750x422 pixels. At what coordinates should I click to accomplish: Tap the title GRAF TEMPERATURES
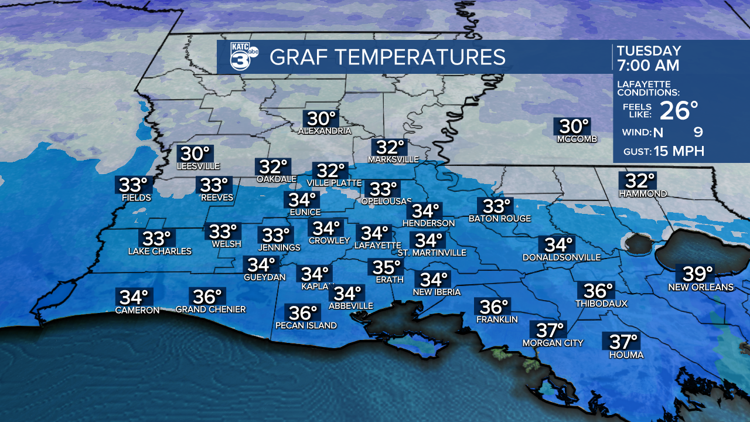tap(387, 57)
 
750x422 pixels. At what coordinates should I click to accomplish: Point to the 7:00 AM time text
tap(647, 65)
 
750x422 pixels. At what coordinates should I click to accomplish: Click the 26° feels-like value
tap(679, 110)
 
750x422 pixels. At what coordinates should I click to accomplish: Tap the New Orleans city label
tap(701, 287)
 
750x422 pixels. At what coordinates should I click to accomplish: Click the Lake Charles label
tap(160, 251)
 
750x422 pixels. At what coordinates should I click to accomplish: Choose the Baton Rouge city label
tap(500, 219)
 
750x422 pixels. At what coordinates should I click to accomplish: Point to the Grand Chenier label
tap(210, 309)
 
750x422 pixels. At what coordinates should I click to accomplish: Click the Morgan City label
tap(553, 343)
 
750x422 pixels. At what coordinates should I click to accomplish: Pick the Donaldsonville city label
tap(562, 257)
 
